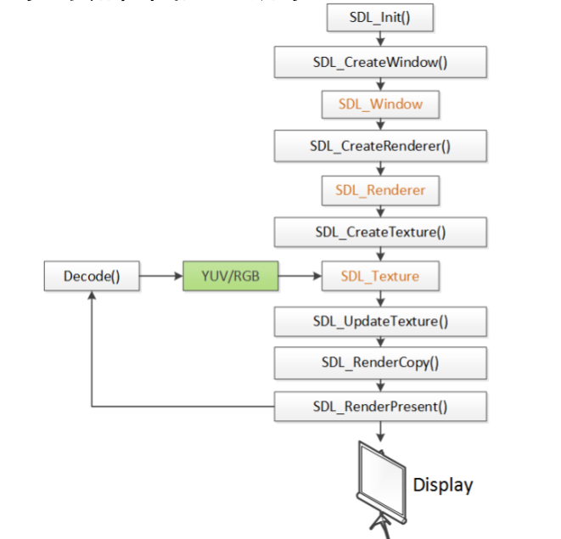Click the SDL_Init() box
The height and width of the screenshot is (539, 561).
(379, 18)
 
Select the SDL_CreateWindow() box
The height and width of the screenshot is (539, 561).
(379, 62)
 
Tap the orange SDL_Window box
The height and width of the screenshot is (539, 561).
(379, 104)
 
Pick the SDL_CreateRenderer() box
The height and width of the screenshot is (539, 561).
(379, 147)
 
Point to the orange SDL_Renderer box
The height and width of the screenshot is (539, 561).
(379, 190)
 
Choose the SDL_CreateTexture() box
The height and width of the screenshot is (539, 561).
(379, 233)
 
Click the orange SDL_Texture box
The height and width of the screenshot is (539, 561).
(379, 277)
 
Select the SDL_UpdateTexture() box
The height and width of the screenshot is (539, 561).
(379, 322)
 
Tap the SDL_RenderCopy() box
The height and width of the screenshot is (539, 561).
(379, 363)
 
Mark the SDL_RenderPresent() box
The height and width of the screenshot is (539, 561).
(379, 407)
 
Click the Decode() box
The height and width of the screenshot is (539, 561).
(92, 277)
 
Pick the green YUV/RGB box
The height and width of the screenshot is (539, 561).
(230, 277)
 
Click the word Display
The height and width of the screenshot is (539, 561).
(442, 486)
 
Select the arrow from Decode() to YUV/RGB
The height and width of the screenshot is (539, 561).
(160, 277)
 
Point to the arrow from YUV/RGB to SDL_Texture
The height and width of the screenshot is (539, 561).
(299, 277)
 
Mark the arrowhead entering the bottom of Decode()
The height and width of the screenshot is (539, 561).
(92, 296)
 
